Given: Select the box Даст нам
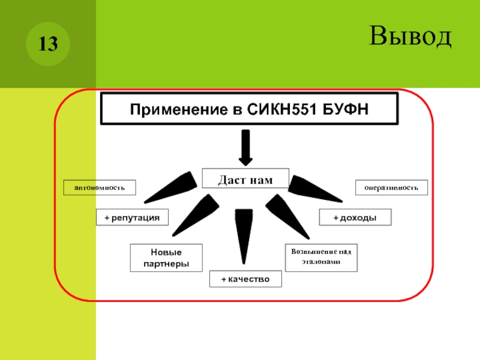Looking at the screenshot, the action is tap(245, 179).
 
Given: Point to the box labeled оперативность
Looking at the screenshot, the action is tap(392, 188).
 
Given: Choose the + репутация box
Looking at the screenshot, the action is tap(132, 217).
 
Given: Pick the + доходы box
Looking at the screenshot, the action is tap(355, 217).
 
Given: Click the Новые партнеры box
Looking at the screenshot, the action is tap(166, 258).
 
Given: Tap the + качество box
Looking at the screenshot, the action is tap(245, 279).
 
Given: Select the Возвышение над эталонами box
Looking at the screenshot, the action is tap(321, 257).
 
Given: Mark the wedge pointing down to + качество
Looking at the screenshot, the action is tap(244, 234).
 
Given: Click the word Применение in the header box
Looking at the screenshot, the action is tap(175, 110).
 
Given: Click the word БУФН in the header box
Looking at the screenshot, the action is tap(344, 110).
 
